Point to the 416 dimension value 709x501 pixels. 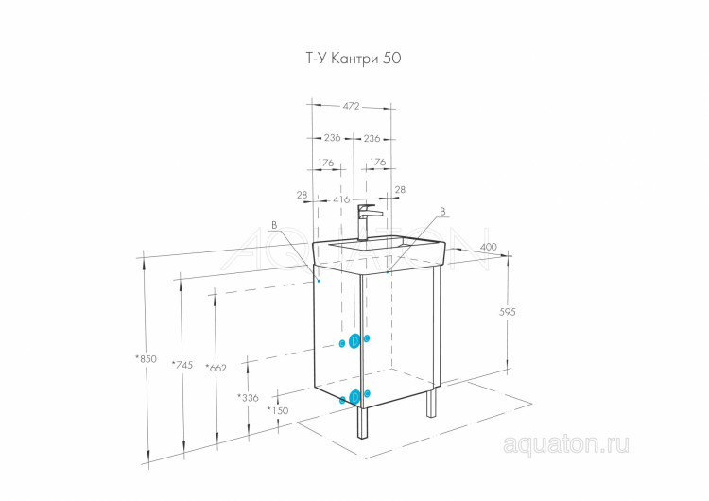click(x=341, y=199)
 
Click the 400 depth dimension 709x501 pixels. click(x=488, y=248)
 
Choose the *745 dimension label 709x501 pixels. click(x=183, y=365)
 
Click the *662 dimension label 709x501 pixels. click(x=216, y=368)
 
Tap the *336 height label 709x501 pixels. click(x=248, y=398)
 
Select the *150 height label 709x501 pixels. click(x=278, y=410)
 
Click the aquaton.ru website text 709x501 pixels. click(x=566, y=441)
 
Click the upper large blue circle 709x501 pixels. click(x=354, y=341)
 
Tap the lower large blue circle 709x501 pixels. click(x=354, y=398)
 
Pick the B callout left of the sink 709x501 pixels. click(x=274, y=225)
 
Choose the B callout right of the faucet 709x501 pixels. click(x=441, y=211)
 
